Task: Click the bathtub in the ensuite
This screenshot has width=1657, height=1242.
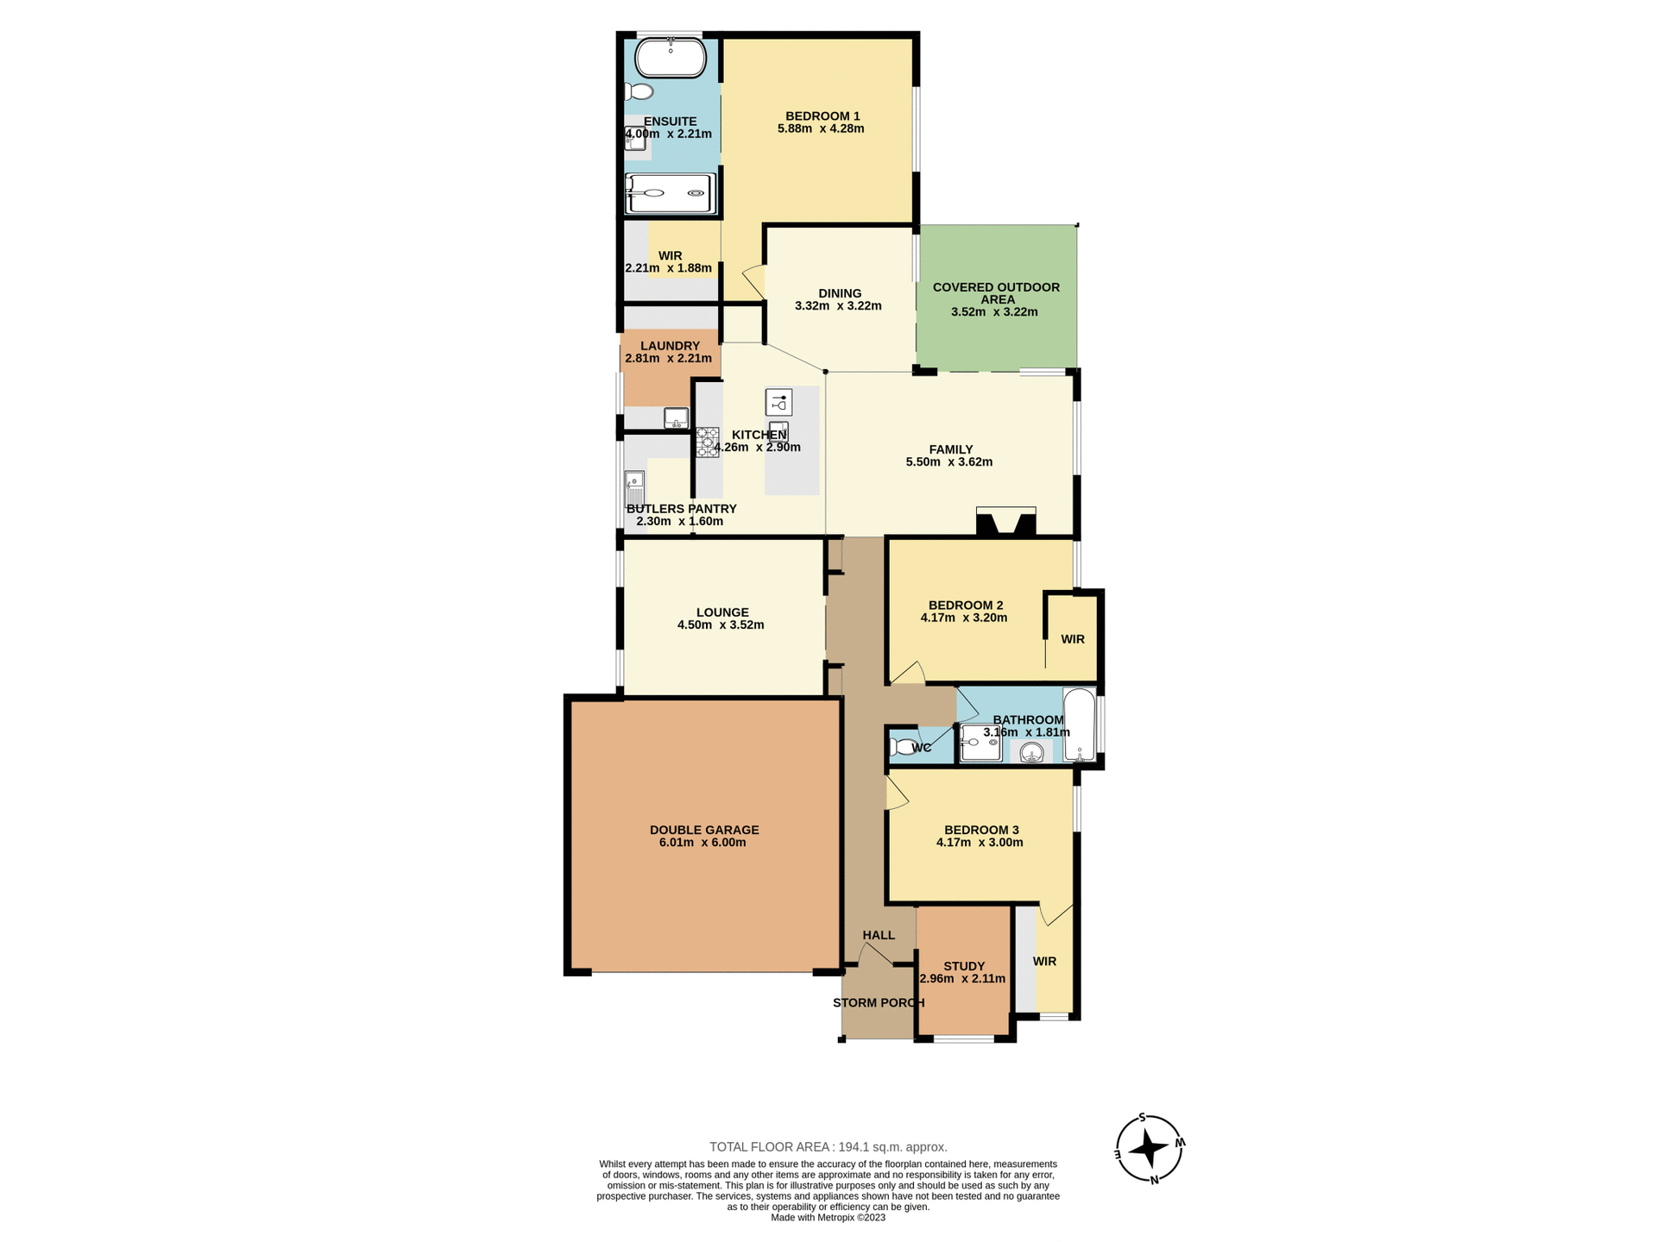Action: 670,59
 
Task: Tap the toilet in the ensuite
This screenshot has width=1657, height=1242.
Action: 639,91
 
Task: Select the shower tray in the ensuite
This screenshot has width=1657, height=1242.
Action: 671,193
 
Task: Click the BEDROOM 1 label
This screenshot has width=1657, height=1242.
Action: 822,116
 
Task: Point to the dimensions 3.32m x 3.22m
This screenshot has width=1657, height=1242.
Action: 837,306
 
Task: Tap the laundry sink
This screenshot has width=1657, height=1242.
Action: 676,418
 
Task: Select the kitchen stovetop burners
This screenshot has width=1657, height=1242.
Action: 707,442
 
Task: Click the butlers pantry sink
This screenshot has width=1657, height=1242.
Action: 634,488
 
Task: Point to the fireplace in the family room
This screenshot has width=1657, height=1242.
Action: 1005,523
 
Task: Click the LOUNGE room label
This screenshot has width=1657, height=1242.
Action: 721,612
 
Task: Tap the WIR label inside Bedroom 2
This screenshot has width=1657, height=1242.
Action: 1072,639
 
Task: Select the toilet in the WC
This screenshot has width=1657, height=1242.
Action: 903,747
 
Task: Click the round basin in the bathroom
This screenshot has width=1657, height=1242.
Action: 1031,753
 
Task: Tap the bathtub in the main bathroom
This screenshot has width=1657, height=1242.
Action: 1079,724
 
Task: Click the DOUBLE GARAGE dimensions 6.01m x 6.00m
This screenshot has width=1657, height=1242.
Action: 702,843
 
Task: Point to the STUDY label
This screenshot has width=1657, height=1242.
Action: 963,967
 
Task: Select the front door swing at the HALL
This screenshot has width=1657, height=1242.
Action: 873,954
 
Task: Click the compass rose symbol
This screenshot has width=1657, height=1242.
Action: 1149,1149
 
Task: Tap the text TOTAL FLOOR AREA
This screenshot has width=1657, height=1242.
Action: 770,1147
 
